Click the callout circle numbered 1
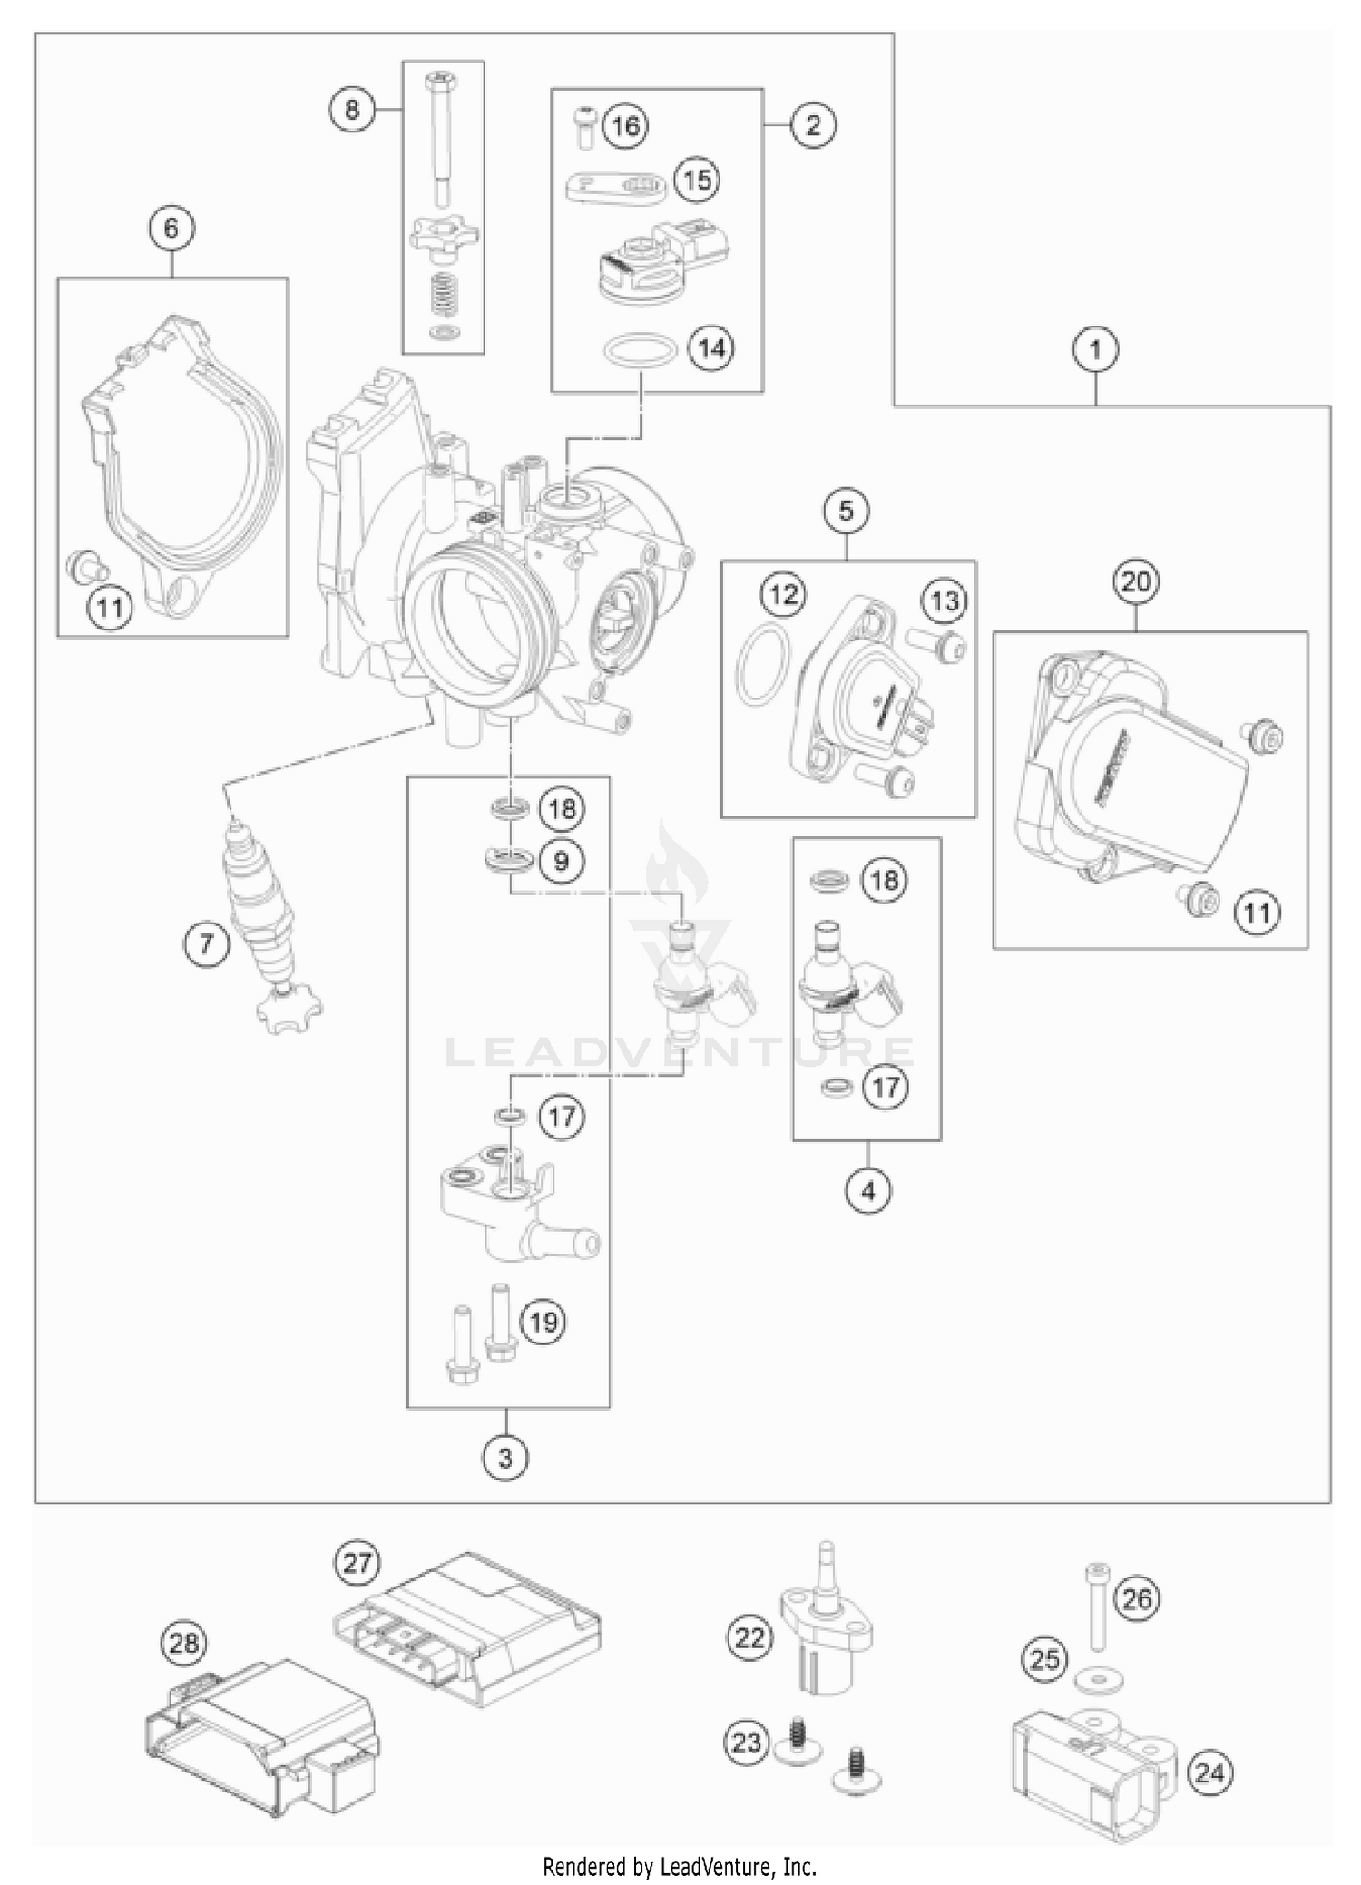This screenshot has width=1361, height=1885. coord(1095,349)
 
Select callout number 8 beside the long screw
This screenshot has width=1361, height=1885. coord(352,110)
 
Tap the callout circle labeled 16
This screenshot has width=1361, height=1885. coord(626,125)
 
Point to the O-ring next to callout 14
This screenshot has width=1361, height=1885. coord(640,351)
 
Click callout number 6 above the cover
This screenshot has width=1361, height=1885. coord(171,227)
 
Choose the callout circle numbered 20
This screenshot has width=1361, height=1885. coord(1136,581)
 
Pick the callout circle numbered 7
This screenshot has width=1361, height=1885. coord(206,944)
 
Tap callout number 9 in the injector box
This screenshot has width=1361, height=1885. coord(561,859)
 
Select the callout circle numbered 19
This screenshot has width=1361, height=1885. coord(543,1322)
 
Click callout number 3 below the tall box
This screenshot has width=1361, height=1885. coord(505,1458)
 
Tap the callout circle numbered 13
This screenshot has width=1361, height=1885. coord(945,601)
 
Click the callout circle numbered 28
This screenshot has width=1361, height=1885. coord(184,1643)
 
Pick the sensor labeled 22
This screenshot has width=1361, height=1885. coord(828,1633)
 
